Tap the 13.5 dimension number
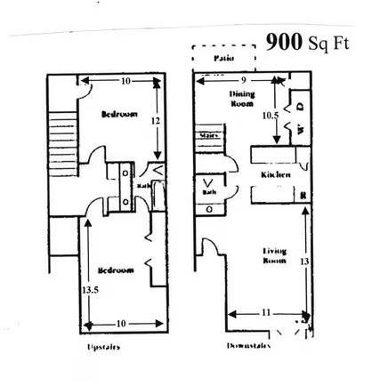(x=89, y=290)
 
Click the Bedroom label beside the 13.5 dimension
(x=117, y=270)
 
